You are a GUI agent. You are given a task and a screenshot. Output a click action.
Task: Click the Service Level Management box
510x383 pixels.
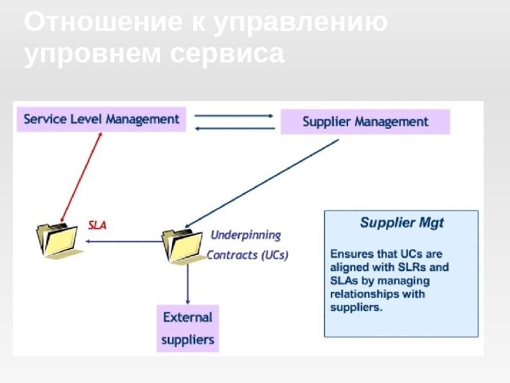point(101,119)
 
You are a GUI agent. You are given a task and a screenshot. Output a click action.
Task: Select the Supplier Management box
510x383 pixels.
point(365,122)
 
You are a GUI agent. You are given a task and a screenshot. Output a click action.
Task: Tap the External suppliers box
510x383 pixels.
point(188,328)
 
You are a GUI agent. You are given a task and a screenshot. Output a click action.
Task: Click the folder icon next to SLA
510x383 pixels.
point(57,239)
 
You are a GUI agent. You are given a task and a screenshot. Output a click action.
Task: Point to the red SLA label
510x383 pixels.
point(97,225)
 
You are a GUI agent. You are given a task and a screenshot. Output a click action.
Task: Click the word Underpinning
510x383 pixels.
point(246,234)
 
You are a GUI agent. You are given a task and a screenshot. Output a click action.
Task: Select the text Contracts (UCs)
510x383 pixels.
point(247,254)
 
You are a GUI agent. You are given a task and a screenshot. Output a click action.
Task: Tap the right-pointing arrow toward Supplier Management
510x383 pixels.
point(234,116)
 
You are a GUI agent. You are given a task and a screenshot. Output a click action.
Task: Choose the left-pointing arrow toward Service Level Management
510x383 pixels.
point(234,128)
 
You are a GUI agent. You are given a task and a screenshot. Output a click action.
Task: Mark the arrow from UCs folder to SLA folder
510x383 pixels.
point(123,242)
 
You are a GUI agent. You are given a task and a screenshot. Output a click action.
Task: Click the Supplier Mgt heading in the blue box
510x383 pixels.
point(401,223)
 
